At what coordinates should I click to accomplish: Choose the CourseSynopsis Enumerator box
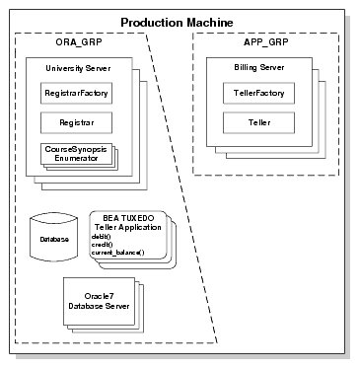(x=74, y=153)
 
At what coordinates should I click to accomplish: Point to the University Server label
(x=73, y=68)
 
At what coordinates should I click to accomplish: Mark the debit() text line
(x=101, y=237)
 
